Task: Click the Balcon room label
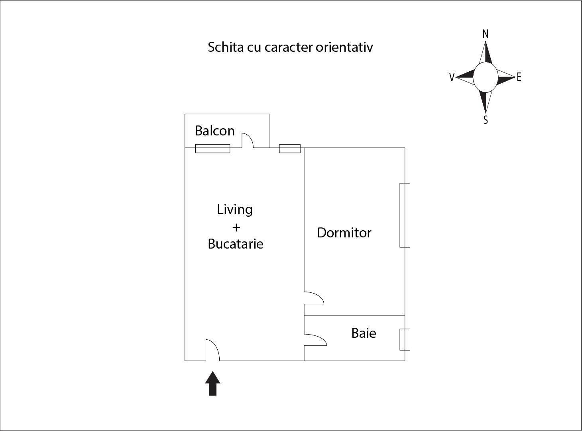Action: click(214, 131)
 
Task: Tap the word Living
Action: click(234, 210)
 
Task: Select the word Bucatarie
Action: click(235, 244)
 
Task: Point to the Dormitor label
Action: click(344, 233)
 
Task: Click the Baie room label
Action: click(364, 333)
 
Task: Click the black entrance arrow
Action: click(212, 384)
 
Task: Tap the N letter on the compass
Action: click(486, 34)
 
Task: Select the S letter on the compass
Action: click(486, 120)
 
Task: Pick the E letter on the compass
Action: click(519, 77)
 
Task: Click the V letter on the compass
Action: click(452, 77)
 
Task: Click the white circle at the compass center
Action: click(486, 77)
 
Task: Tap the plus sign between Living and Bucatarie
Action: click(236, 227)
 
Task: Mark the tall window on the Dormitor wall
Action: click(405, 215)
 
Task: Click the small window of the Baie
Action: click(405, 339)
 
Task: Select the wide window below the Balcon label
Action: click(212, 149)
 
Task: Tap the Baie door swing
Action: click(322, 339)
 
